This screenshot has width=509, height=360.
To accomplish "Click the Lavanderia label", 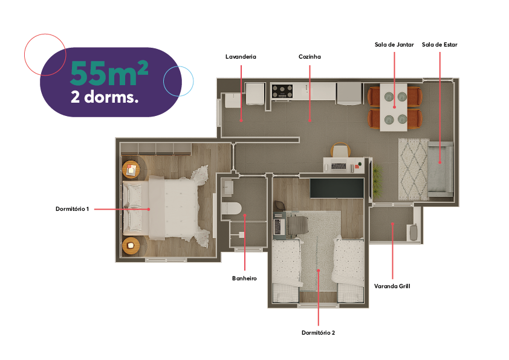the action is (241, 57).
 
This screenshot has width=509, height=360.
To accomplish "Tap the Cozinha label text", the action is (310, 57).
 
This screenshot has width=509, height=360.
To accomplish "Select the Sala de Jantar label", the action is (394, 45).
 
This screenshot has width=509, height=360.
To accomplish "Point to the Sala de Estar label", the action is (439, 45).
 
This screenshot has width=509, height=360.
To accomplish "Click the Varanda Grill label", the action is (392, 286).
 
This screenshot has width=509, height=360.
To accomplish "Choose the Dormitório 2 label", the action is (318, 333).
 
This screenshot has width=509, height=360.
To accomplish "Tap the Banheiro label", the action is (244, 278).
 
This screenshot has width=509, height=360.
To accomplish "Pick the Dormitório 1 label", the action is (72, 209).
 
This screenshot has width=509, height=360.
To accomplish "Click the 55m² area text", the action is (109, 73).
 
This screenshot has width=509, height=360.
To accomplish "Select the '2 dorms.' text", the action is (105, 97).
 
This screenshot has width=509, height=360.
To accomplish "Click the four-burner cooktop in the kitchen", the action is (282, 91).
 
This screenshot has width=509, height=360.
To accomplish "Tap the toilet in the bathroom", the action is (232, 208).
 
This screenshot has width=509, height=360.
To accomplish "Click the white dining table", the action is (394, 108).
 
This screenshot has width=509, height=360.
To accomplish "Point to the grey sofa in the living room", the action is (440, 169).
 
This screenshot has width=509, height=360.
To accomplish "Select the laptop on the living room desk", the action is (339, 166).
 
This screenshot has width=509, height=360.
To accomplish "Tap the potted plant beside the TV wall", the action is (377, 178).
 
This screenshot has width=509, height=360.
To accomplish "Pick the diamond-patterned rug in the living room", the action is (413, 169).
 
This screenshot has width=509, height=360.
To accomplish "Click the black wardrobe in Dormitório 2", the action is (337, 188).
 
